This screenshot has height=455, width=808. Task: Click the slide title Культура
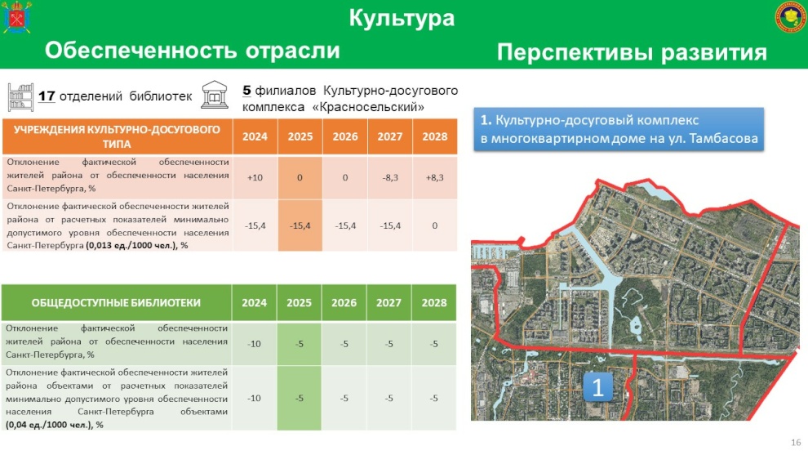click(402, 18)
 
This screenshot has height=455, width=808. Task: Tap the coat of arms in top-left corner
click(17, 17)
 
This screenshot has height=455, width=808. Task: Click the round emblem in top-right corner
click(791, 17)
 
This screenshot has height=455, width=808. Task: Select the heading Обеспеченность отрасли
click(193, 51)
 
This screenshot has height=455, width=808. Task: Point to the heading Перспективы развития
click(632, 52)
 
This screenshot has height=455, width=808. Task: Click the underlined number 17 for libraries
click(47, 96)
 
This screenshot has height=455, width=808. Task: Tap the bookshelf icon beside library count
click(20, 97)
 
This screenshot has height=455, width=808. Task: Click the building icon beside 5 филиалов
click(215, 95)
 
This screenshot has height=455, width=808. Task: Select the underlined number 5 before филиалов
click(246, 91)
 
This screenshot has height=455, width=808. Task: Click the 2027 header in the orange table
click(389, 136)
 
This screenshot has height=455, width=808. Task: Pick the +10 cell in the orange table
click(255, 177)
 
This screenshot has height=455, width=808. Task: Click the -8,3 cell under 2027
click(390, 177)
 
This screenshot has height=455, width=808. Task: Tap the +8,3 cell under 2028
click(434, 177)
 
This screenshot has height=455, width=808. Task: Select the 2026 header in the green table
click(344, 303)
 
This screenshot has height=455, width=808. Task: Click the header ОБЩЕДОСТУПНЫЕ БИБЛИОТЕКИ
click(116, 303)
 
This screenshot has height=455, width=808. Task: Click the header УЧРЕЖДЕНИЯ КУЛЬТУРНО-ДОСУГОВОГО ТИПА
click(117, 136)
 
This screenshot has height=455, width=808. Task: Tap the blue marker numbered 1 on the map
click(597, 387)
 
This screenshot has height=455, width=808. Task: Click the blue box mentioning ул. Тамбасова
click(619, 130)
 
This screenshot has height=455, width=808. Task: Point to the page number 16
click(796, 442)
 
